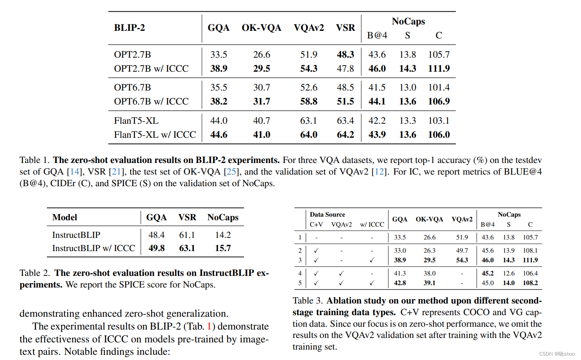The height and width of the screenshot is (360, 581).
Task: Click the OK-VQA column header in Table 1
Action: (x=261, y=28)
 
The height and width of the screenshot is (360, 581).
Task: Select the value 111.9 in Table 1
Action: (x=439, y=68)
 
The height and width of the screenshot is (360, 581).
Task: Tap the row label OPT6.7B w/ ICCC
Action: (x=151, y=101)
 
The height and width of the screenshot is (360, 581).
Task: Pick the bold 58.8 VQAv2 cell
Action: (x=309, y=101)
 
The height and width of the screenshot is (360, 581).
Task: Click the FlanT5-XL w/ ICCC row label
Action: (x=155, y=135)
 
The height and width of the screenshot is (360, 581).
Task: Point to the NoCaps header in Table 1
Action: (x=408, y=21)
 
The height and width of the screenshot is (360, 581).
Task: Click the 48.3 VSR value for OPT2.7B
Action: (x=345, y=54)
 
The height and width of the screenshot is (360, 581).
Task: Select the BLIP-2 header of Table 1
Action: (x=129, y=28)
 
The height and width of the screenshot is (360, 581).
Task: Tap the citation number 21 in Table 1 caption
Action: (x=116, y=172)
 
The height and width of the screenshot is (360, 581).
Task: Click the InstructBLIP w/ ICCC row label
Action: (x=93, y=248)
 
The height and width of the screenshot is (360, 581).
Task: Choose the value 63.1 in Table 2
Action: (x=187, y=248)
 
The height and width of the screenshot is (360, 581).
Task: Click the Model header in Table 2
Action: (x=65, y=217)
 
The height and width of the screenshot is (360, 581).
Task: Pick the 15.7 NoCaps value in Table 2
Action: (x=223, y=248)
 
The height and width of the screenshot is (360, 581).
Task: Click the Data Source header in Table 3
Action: (x=327, y=215)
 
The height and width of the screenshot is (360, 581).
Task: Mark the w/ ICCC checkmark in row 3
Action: (x=372, y=260)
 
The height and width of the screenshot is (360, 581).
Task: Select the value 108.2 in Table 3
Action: (x=530, y=283)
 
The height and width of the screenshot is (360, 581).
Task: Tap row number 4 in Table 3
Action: (x=300, y=274)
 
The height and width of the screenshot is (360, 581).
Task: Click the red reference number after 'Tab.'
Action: (x=209, y=327)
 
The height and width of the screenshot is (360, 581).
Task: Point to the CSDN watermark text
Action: (x=557, y=354)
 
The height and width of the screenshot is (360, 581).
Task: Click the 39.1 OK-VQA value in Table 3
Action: (x=429, y=283)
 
